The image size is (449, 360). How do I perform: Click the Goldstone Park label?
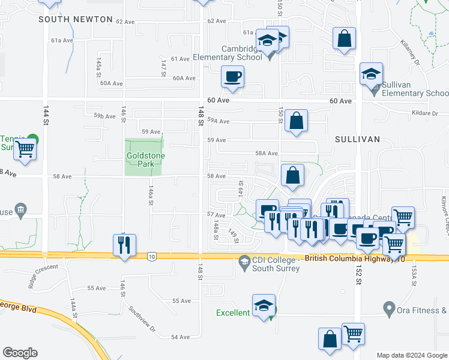click(145, 160)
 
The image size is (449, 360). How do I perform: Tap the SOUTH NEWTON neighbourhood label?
click(76, 20)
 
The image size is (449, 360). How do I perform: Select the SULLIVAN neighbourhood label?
click(358, 139)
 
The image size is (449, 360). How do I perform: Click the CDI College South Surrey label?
click(273, 263)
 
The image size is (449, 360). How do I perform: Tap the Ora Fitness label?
click(422, 311)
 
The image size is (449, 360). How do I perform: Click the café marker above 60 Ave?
click(232, 76)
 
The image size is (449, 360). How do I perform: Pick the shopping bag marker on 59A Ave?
click(297, 121)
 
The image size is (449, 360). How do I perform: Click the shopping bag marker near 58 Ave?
click(292, 176)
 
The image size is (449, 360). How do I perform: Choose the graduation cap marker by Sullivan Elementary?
click(371, 74)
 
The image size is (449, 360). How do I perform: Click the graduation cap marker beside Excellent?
click(264, 305)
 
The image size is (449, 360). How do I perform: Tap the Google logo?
click(20, 353)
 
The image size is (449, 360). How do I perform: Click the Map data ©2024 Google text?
click(412, 355)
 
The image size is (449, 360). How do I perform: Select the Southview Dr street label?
click(143, 320)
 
